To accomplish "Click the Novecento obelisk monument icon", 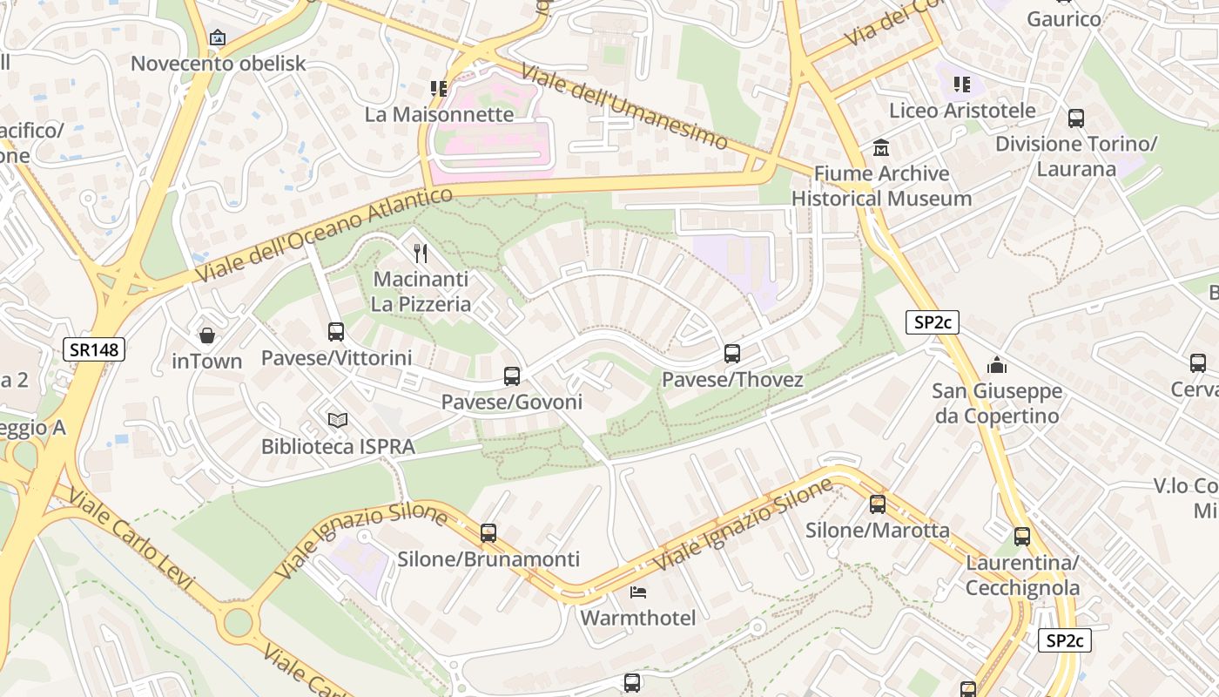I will coord(218,37).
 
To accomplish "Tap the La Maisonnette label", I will coord(439,114).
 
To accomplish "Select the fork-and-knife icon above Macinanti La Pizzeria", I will coord(421,254).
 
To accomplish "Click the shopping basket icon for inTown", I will coord(207,335).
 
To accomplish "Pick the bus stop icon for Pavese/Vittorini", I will coord(336,331).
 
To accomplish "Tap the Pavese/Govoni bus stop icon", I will coord(512,376).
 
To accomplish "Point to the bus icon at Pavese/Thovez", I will coord(732,354).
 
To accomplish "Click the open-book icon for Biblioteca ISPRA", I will coord(338,421).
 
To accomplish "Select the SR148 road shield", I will coord(95,350).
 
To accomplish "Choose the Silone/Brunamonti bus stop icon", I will coord(488,533).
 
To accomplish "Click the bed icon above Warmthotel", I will coord(638,592).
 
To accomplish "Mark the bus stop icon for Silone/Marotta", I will coord(878,504).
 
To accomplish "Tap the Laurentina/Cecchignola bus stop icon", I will coord(1022,537).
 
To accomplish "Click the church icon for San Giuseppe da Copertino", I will coord(997,365).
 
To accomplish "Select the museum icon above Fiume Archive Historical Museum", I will coord(881,147).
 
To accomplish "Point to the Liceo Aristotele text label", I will coord(962,111).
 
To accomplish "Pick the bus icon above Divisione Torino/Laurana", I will coord(1076,118).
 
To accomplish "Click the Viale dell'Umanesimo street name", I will coord(624,106).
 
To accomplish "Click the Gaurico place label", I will coord(1064,18).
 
